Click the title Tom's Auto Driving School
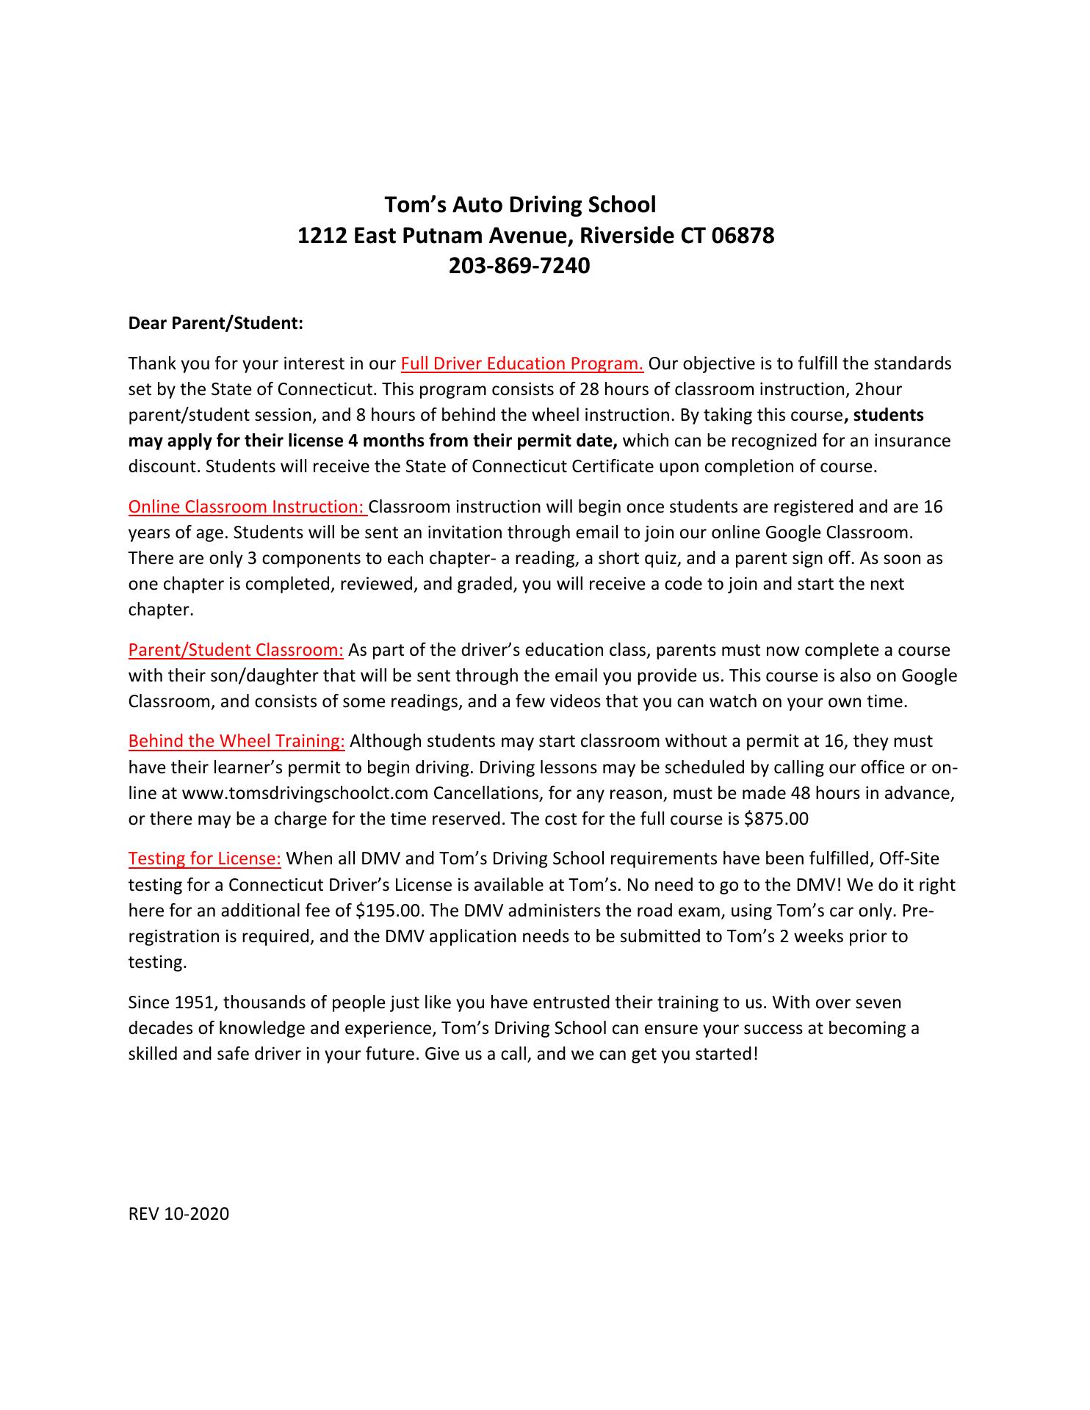521,204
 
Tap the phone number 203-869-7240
519,265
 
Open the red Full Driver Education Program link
522,364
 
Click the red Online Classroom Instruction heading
247,507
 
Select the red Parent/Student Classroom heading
236,650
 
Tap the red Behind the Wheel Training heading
237,741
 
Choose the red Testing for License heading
205,858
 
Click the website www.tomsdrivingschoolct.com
305,793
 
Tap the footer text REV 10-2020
178,1214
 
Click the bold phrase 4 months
380,441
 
